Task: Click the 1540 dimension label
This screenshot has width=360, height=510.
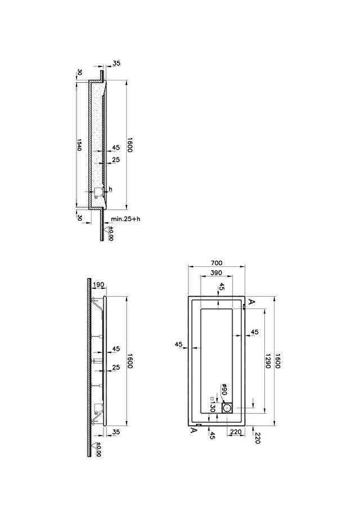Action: click(x=79, y=145)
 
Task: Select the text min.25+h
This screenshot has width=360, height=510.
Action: click(x=125, y=218)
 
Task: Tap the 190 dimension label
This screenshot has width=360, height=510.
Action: click(x=98, y=285)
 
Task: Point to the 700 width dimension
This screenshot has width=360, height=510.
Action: click(x=217, y=263)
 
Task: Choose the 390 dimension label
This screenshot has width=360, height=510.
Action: click(x=217, y=272)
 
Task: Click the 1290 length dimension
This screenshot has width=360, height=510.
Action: click(x=268, y=361)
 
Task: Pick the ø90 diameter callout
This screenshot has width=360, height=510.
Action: click(x=224, y=390)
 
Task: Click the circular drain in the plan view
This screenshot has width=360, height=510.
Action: click(x=227, y=407)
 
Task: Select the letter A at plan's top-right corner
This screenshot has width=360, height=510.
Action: click(x=250, y=302)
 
